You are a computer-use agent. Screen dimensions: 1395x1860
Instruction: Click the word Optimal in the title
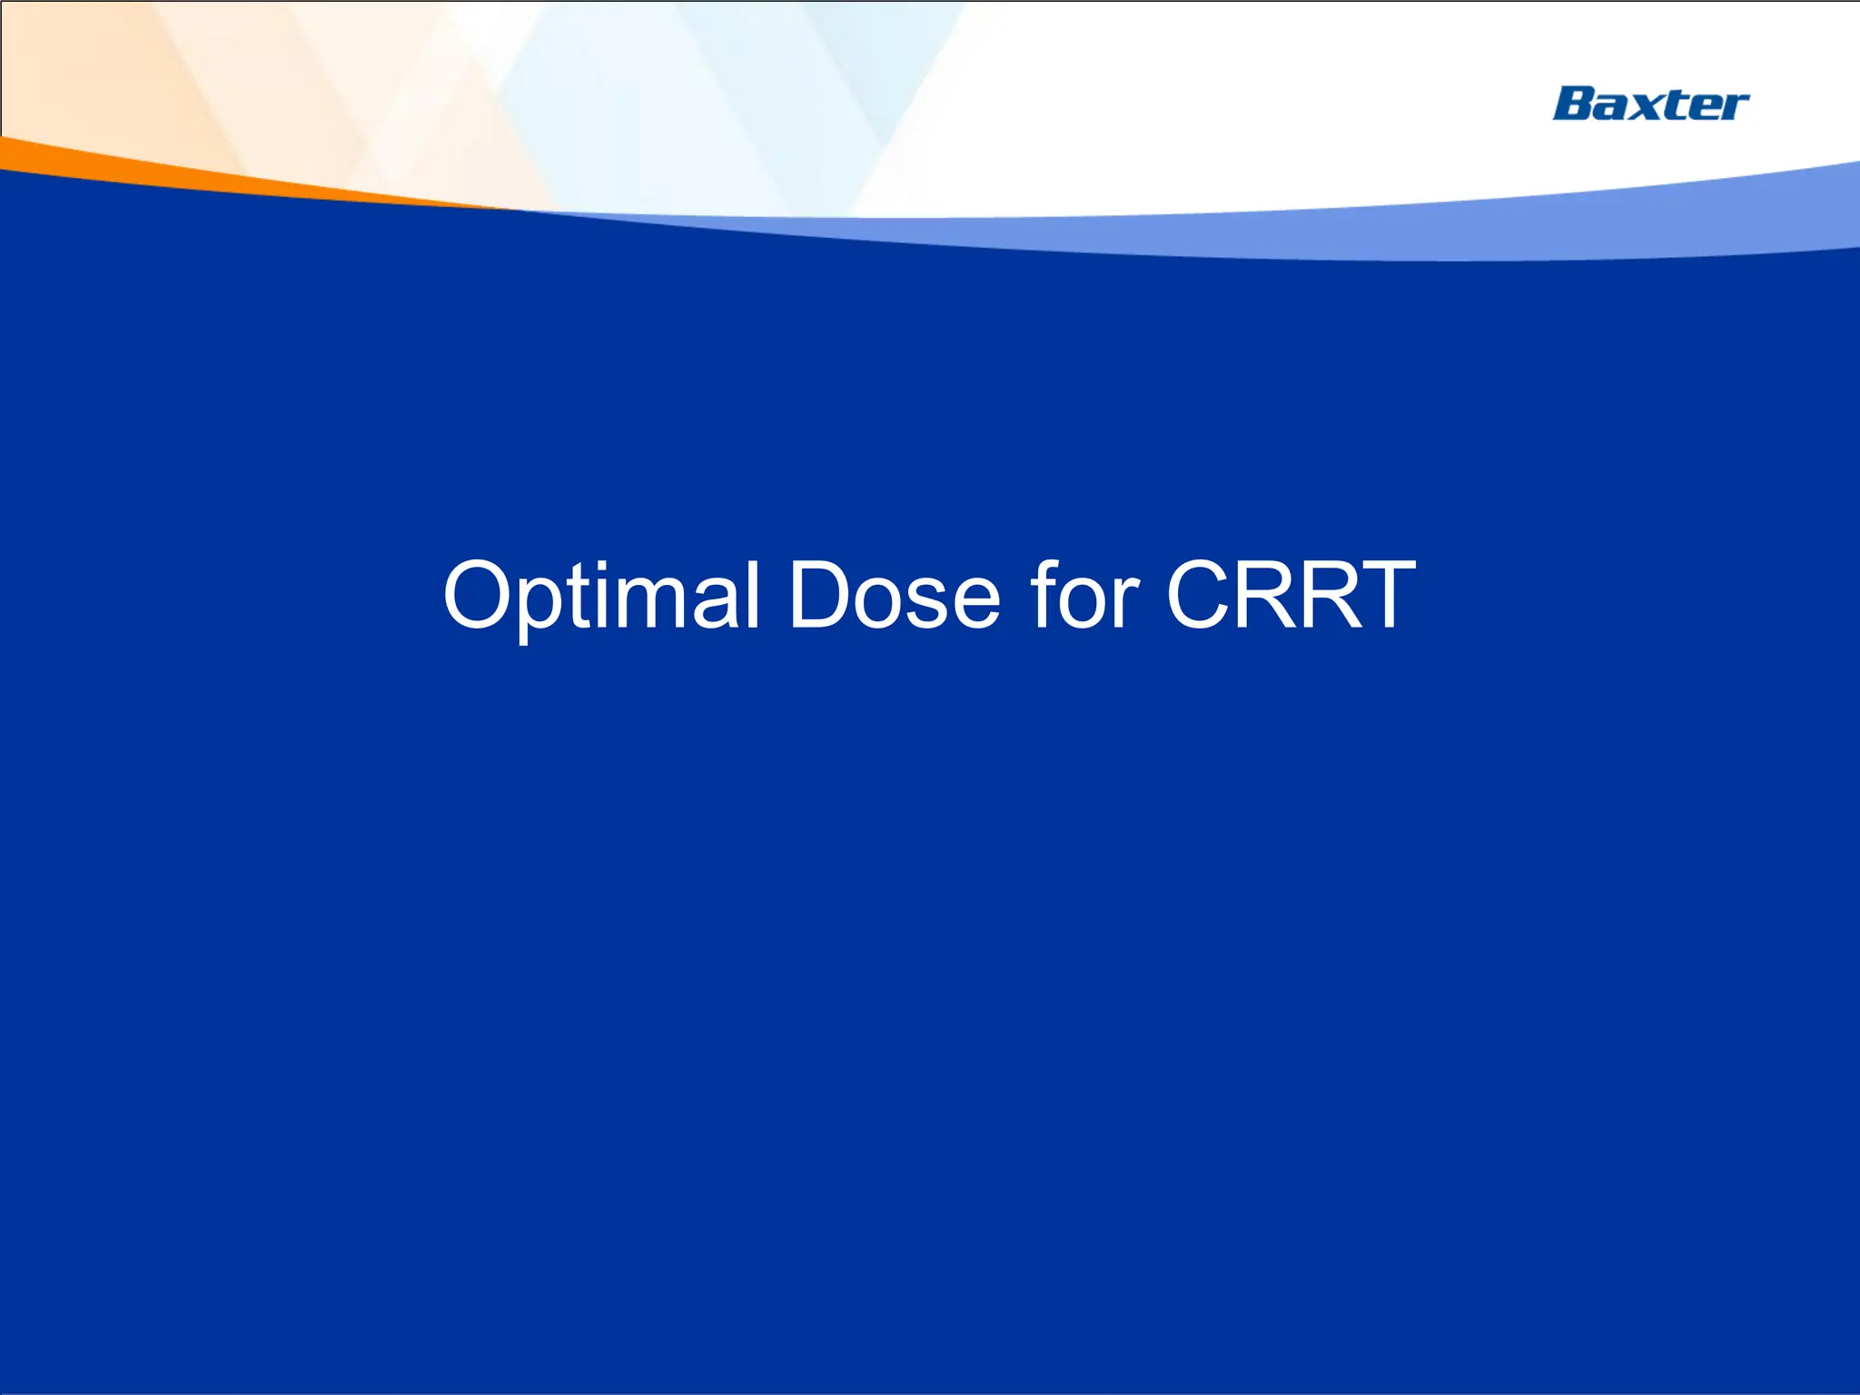(601, 595)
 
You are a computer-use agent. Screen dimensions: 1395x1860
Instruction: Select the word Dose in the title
(894, 595)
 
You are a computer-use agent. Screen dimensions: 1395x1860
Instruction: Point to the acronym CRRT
(1290, 595)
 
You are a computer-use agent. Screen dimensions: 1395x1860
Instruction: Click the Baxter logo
(1650, 104)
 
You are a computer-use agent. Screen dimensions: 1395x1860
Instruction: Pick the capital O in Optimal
(480, 595)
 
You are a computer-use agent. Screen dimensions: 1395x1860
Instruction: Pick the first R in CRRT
(1258, 595)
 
